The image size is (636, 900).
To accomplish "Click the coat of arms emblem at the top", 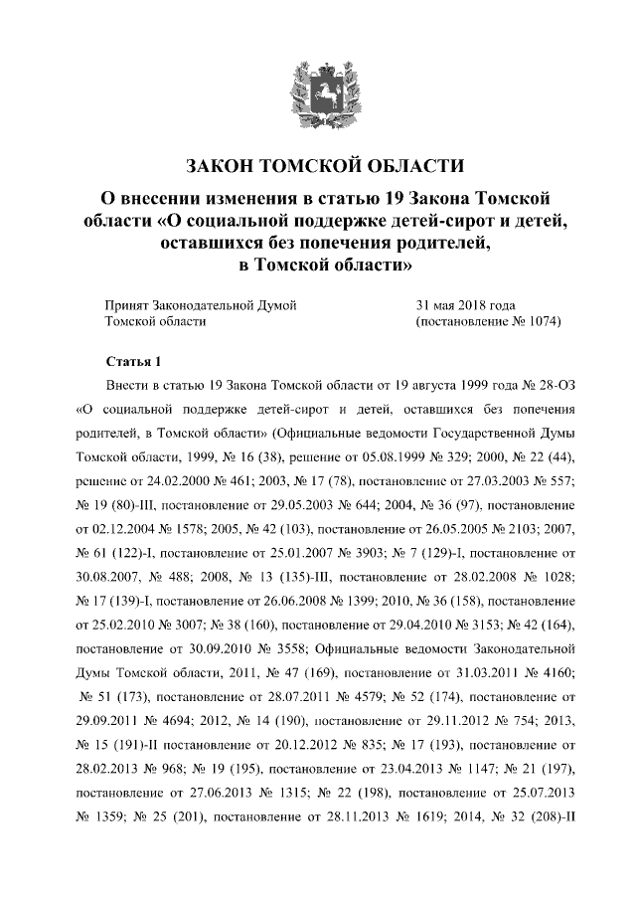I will pos(317,90).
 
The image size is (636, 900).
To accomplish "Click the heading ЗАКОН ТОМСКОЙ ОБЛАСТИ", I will pos(318,165).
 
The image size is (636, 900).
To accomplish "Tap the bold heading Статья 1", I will pos(131,359).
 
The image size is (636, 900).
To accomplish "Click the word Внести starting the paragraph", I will pos(126,384).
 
